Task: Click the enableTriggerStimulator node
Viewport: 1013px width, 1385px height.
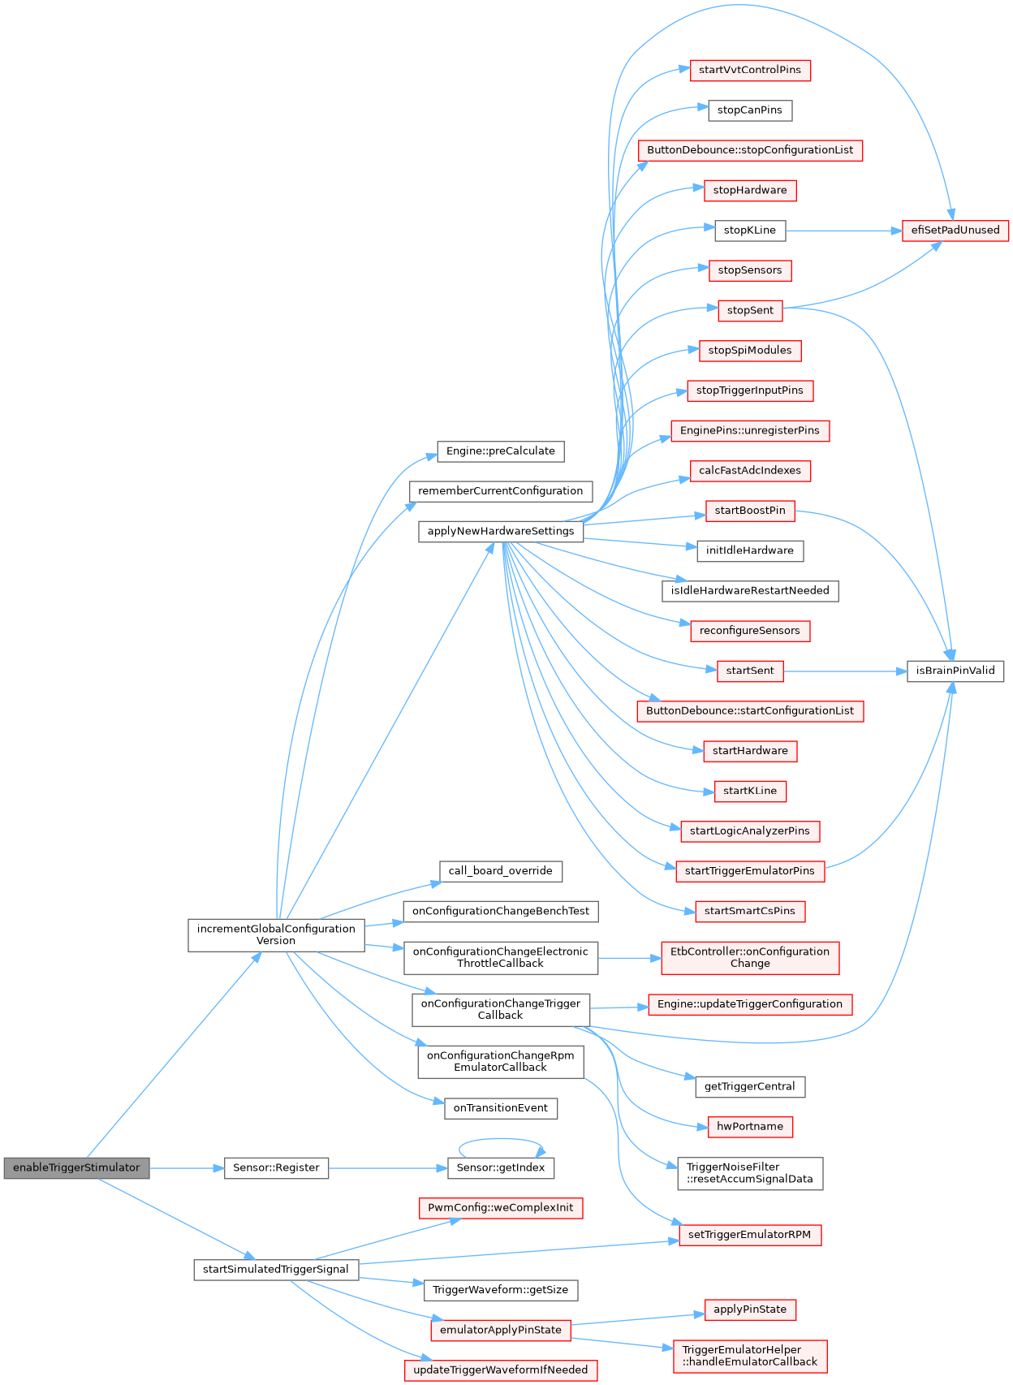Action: point(76,1168)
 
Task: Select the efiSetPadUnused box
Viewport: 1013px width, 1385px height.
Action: point(955,231)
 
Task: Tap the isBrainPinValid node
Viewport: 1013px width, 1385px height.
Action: point(955,671)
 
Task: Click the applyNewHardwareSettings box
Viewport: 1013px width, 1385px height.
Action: point(501,532)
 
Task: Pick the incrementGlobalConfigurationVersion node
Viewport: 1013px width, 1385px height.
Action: point(276,935)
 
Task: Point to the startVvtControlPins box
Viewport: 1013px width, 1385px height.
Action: point(750,71)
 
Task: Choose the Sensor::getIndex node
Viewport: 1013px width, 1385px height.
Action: point(501,1168)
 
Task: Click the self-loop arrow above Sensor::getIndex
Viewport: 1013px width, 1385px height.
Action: point(501,1140)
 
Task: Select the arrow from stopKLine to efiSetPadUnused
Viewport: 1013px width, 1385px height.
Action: point(844,231)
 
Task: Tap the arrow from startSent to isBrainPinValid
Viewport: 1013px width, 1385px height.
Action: point(844,671)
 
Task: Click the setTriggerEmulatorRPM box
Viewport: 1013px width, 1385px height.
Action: point(749,1236)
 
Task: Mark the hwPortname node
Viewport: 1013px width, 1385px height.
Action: point(750,1127)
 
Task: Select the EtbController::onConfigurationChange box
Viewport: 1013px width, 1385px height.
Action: point(750,958)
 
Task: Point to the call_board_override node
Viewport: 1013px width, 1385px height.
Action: point(501,872)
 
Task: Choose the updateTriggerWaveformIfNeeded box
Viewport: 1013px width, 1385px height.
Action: point(501,1370)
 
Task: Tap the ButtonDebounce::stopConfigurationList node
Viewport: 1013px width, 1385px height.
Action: point(750,151)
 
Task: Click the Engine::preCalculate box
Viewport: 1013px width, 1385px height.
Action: point(501,451)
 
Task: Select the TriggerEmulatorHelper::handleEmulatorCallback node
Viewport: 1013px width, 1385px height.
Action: point(750,1357)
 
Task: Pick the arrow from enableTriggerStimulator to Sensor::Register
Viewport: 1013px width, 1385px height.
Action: point(187,1168)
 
